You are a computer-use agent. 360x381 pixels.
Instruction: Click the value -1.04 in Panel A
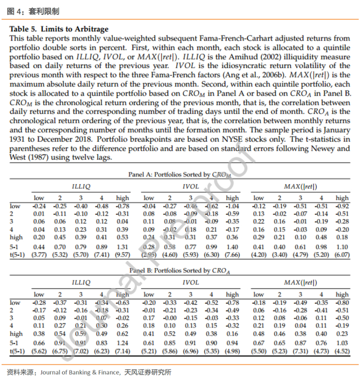click(232, 206)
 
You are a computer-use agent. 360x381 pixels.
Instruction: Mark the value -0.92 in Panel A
click(342, 206)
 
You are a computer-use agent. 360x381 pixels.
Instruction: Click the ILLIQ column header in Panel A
click(81, 186)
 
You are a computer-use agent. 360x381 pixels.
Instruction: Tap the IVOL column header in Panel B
click(190, 282)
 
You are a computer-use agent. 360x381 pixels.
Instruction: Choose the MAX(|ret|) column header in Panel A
click(300, 186)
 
